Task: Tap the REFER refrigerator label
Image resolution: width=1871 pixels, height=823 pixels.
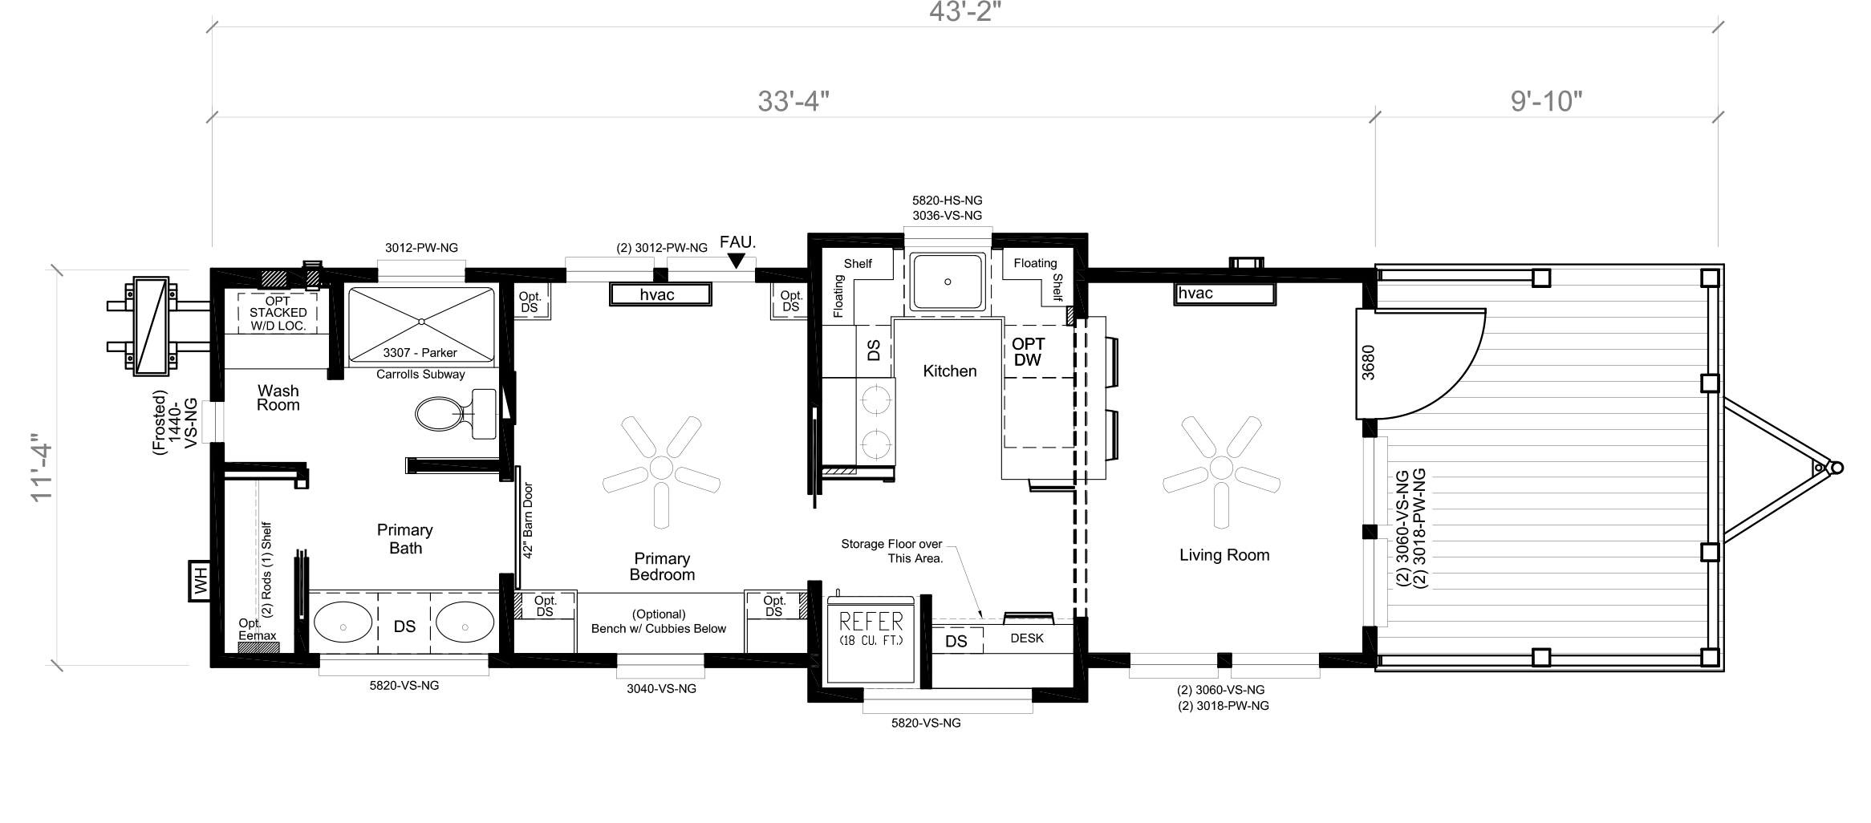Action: [x=871, y=622]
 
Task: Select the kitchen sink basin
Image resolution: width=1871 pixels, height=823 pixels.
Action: [x=948, y=282]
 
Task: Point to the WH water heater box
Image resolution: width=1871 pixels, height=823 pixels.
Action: [x=200, y=580]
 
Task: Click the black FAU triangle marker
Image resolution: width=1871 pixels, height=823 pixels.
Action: [x=737, y=261]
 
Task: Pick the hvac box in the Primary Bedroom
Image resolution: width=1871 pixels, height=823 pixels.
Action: [x=660, y=294]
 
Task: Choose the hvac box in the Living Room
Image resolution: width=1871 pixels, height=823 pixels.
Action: [x=1225, y=294]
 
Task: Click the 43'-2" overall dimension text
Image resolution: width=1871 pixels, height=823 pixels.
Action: [x=966, y=12]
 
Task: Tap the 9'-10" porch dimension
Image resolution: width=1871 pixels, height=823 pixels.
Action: [x=1546, y=101]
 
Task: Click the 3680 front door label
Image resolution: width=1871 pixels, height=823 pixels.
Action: [x=1368, y=362]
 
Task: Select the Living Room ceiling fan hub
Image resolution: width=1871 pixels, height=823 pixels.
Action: [x=1221, y=467]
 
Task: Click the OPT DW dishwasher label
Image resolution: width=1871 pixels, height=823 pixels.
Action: [x=1028, y=352]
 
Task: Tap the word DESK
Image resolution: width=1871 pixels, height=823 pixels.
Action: [x=1027, y=639]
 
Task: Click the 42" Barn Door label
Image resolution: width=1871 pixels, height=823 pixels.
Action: [x=527, y=521]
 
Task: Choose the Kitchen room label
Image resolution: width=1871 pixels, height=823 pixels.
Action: [x=950, y=371]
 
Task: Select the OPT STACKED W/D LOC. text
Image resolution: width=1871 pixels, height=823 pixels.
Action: [x=278, y=313]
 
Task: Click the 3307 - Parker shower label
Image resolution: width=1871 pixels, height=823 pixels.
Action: [x=420, y=353]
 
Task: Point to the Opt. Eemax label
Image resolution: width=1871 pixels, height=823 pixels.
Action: [x=258, y=630]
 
